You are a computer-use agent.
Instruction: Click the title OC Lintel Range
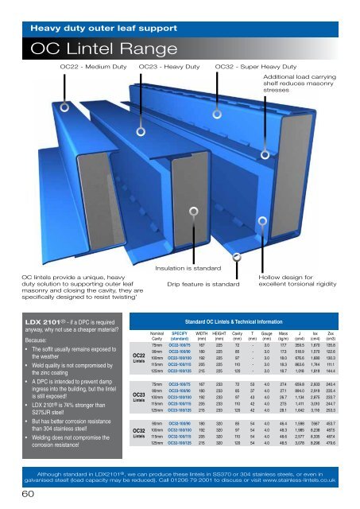pyautogui.click(x=91, y=48)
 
